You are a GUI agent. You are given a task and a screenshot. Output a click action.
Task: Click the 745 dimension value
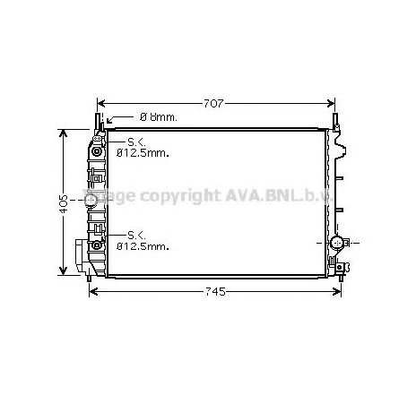pyautogui.click(x=214, y=292)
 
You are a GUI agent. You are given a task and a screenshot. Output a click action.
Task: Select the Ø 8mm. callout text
pyautogui.click(x=159, y=117)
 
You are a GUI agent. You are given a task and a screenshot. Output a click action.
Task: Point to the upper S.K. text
pyautogui.click(x=135, y=142)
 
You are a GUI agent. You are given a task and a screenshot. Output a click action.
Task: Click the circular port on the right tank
pyautogui.click(x=337, y=242)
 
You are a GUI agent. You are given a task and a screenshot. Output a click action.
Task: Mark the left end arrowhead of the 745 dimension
pyautogui.click(x=91, y=292)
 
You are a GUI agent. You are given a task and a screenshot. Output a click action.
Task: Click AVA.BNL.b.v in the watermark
pyautogui.click(x=276, y=194)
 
